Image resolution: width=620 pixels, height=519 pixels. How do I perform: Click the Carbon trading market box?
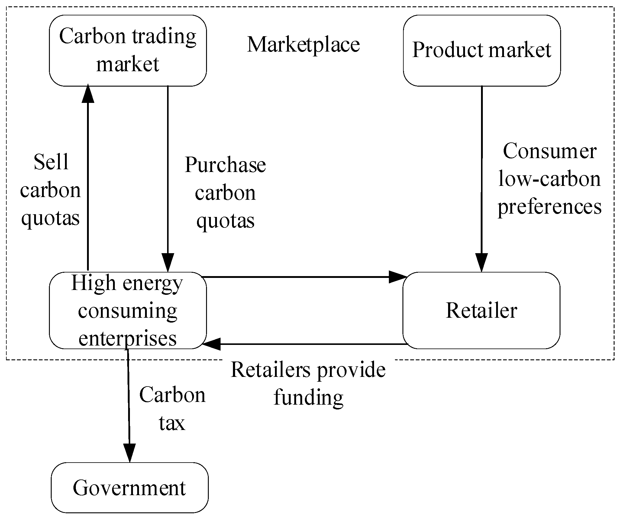tap(128, 50)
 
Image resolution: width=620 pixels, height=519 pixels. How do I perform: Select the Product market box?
tap(482, 50)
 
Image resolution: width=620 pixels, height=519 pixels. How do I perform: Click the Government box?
tap(129, 488)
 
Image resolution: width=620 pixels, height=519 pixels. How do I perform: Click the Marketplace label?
tap(303, 45)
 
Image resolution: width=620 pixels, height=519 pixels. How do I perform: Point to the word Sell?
tap(51, 162)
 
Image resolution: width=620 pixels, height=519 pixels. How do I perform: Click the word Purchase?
tap(225, 165)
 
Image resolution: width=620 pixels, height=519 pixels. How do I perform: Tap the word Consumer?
tap(549, 151)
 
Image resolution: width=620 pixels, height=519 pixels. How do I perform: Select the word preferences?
tap(549, 207)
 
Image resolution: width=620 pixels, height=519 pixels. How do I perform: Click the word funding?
tap(308, 398)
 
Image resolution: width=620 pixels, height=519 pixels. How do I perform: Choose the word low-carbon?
tap(549, 179)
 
